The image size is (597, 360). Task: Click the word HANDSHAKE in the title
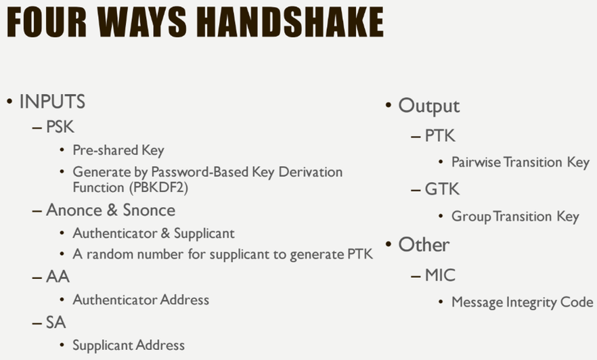pyautogui.click(x=292, y=22)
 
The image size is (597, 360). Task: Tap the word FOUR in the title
pyautogui.click(x=47, y=22)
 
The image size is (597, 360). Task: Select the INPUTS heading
pyautogui.click(x=52, y=102)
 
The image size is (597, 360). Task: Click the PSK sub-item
pyautogui.click(x=60, y=127)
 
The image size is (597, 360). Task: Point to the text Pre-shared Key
pyautogui.click(x=118, y=150)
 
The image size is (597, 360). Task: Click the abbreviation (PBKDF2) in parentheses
pyautogui.click(x=158, y=187)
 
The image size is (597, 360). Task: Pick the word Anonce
pyautogui.click(x=74, y=210)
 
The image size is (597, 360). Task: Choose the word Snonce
pyautogui.click(x=149, y=210)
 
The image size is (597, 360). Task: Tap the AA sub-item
pyautogui.click(x=58, y=277)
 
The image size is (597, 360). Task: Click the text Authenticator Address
pyautogui.click(x=141, y=300)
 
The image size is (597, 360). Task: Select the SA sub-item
pyautogui.click(x=56, y=323)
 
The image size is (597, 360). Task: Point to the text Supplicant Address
pyautogui.click(x=129, y=346)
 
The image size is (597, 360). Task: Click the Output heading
pyautogui.click(x=428, y=106)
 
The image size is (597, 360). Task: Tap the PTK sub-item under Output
pyautogui.click(x=440, y=136)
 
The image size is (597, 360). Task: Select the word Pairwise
pyautogui.click(x=476, y=162)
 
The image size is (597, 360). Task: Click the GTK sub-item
pyautogui.click(x=442, y=189)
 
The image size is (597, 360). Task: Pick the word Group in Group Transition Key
pyautogui.click(x=471, y=217)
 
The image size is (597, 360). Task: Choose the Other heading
pyautogui.click(x=424, y=245)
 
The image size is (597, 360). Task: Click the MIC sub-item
pyautogui.click(x=440, y=275)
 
